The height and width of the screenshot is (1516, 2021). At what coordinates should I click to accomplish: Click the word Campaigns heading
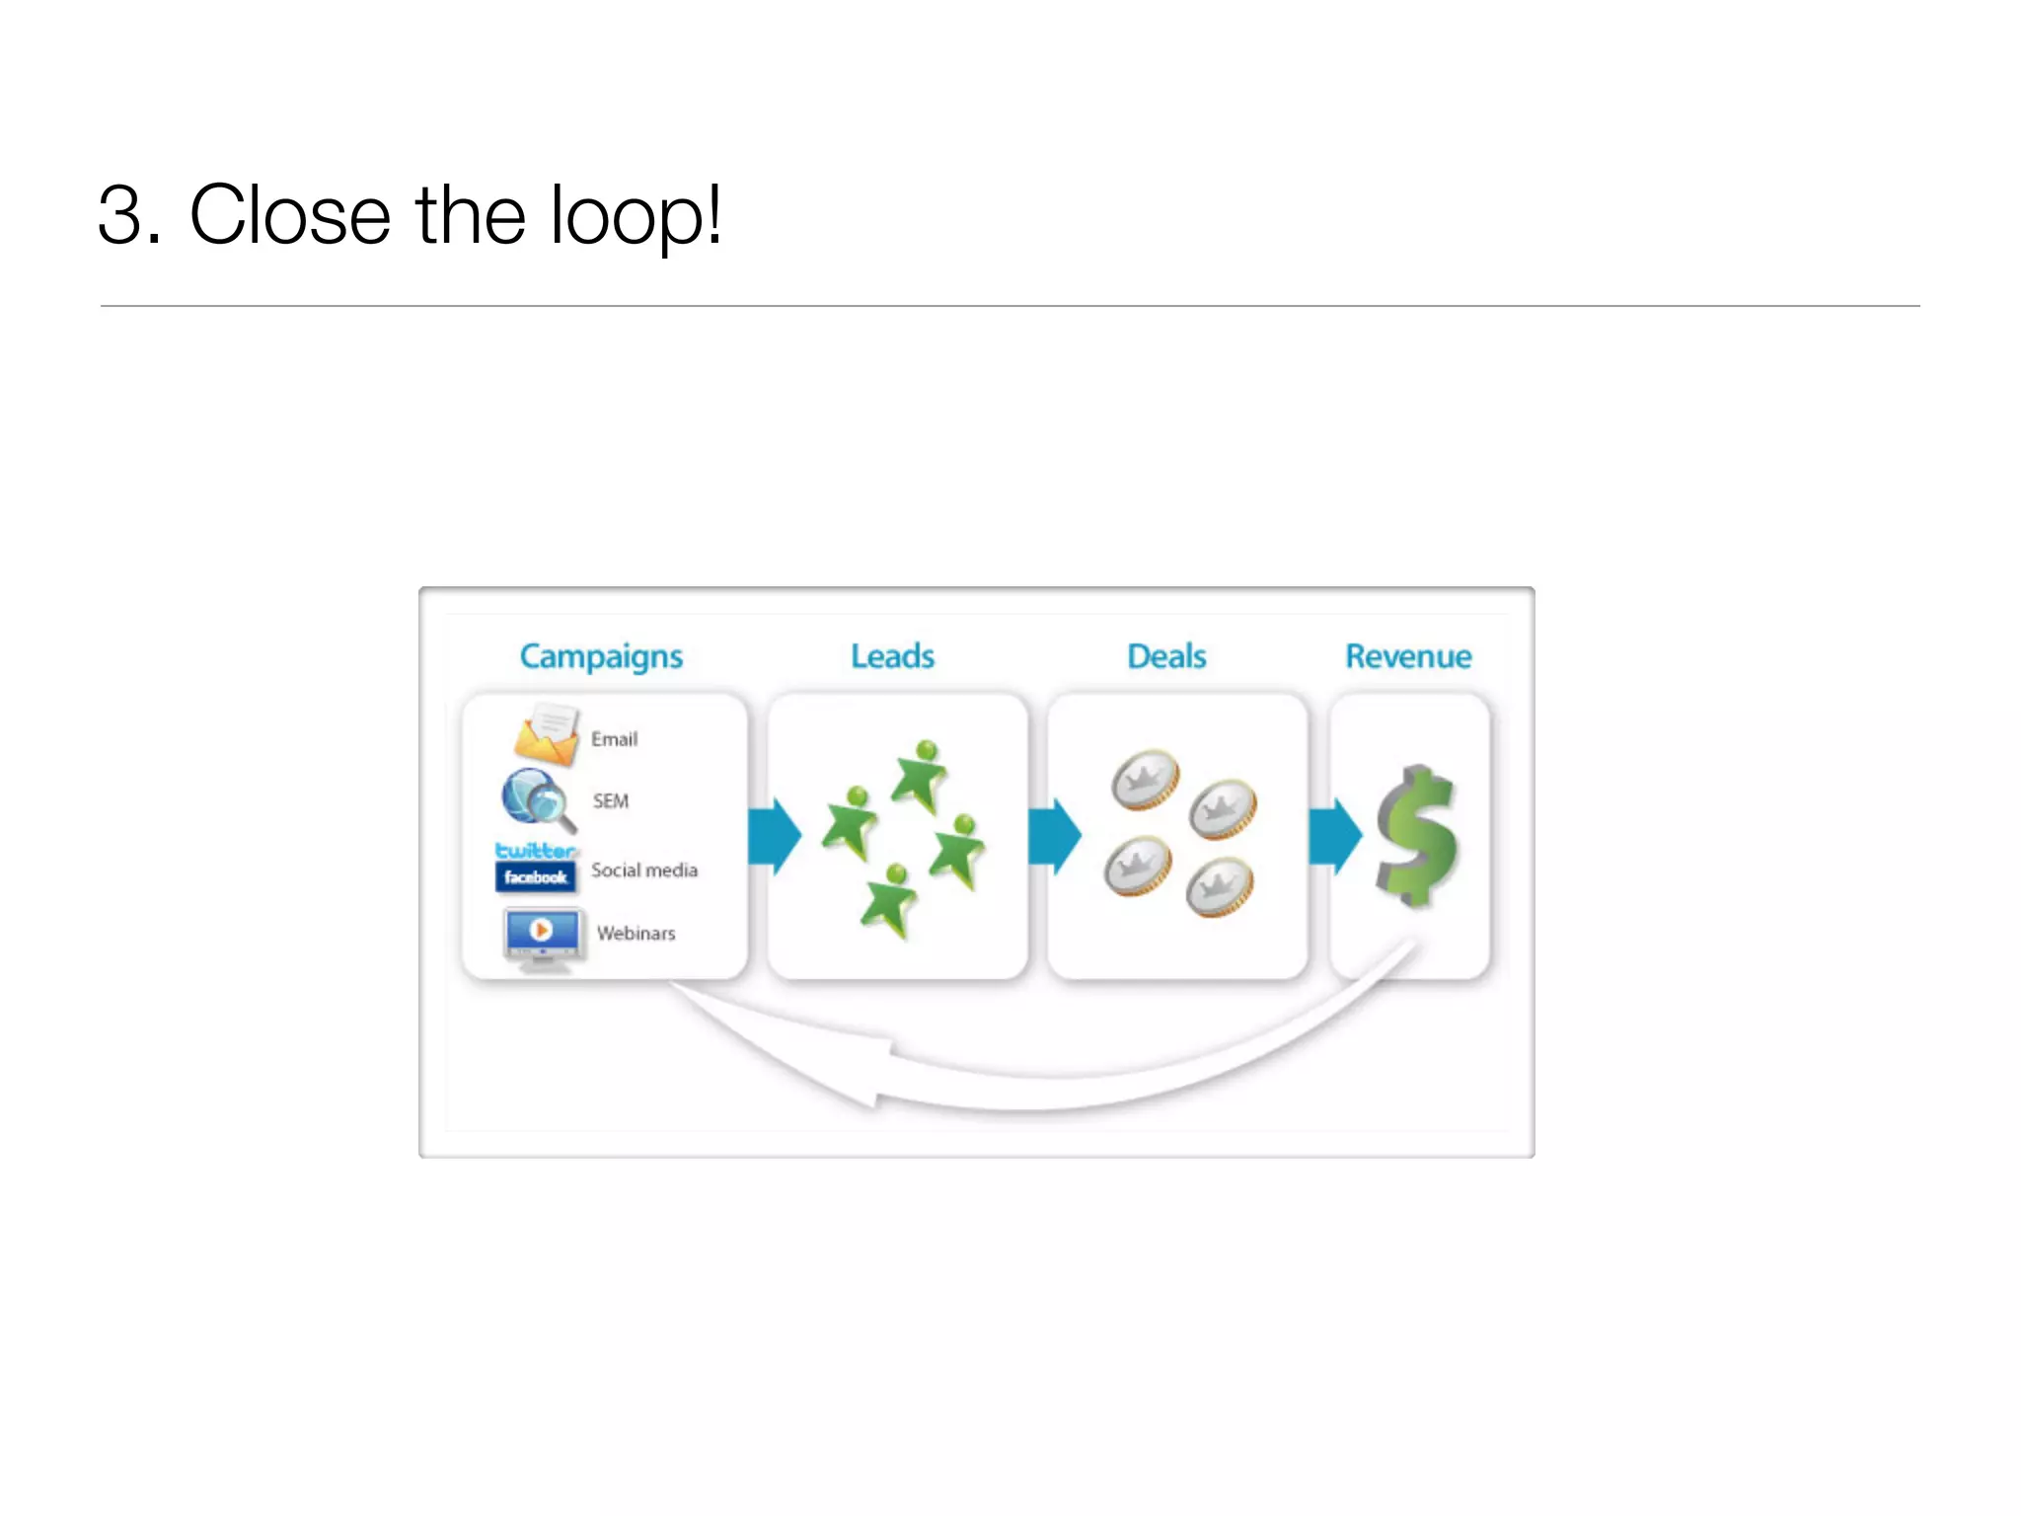click(x=601, y=657)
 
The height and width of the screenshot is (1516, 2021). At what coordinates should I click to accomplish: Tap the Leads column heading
click(x=892, y=656)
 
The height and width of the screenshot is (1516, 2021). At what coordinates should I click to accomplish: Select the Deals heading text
click(x=1166, y=656)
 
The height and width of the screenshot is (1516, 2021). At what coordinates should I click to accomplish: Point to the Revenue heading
click(x=1408, y=656)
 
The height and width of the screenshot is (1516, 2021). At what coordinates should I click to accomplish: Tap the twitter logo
click(x=536, y=850)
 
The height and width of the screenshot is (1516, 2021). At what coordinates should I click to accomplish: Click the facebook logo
click(x=536, y=876)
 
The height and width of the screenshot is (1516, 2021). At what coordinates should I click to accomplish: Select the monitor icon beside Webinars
click(x=542, y=937)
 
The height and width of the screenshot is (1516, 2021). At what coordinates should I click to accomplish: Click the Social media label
click(x=644, y=871)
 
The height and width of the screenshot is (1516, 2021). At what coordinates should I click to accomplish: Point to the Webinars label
click(x=636, y=934)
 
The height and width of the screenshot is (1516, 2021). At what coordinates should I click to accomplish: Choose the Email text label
click(x=614, y=739)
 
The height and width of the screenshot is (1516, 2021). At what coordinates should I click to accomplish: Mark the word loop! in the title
click(x=636, y=216)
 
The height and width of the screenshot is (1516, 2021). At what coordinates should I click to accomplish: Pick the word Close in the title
click(x=290, y=216)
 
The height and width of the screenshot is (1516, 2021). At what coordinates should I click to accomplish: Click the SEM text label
click(x=611, y=800)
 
